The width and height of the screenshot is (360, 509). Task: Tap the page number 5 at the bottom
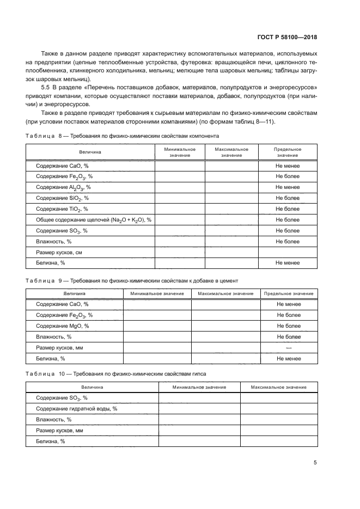pos(315,463)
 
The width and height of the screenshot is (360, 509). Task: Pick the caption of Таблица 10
pos(115,375)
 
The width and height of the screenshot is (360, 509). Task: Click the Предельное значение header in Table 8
pos(287,152)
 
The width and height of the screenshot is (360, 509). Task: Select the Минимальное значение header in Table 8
pos(180,152)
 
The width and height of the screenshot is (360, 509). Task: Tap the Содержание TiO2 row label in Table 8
pos(62,209)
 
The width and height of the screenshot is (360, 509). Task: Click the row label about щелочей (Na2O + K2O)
pos(93,220)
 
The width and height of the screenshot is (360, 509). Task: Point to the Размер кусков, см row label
pos(59,252)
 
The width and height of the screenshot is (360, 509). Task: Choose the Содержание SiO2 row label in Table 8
pos(62,198)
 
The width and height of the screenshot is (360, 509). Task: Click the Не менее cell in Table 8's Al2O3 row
pos(287,187)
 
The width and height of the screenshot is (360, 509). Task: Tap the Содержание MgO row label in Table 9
pos(62,326)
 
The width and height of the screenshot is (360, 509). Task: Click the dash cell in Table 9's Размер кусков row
pos(289,348)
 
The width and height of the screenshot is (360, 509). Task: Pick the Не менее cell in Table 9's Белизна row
pos(289,359)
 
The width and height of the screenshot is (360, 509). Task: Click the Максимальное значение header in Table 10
pos(278,387)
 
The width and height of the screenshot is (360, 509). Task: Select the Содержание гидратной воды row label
pos(76,409)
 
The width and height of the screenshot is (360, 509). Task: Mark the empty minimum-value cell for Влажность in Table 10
pos(199,420)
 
